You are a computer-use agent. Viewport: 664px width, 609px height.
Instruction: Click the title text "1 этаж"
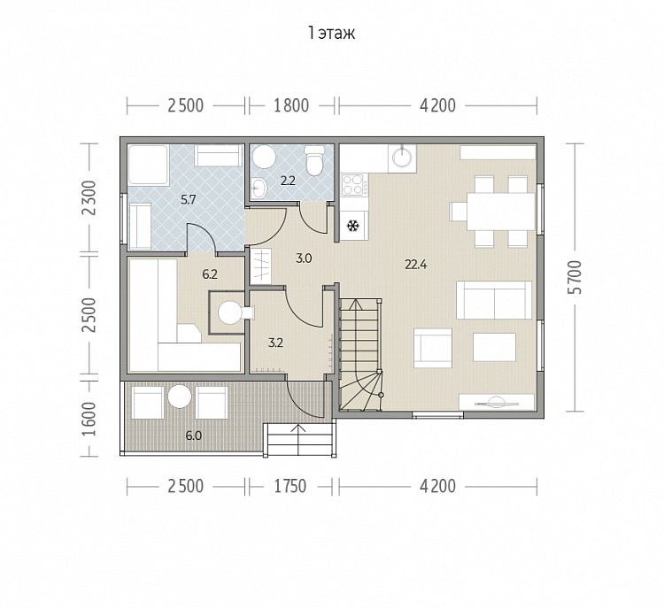(x=332, y=33)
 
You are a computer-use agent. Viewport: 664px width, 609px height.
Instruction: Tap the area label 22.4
(x=416, y=266)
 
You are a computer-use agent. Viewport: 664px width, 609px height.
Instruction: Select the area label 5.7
(x=188, y=200)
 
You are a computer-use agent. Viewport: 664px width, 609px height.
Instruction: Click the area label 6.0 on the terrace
(x=194, y=436)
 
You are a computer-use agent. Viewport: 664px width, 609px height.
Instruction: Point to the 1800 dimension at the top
(x=291, y=105)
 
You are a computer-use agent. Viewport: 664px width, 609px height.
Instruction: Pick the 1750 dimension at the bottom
(x=290, y=486)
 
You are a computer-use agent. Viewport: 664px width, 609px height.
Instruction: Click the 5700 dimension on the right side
(x=575, y=277)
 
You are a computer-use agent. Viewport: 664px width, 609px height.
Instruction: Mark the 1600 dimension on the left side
(x=89, y=419)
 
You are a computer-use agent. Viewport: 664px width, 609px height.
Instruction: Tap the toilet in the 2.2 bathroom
(x=313, y=161)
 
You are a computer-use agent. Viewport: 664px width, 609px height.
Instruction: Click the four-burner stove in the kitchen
(x=355, y=184)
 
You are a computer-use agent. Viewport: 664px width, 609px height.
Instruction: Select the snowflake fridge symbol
(x=351, y=226)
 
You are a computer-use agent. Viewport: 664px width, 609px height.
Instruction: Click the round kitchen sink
(x=402, y=158)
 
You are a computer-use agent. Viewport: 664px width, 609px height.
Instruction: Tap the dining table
(x=500, y=212)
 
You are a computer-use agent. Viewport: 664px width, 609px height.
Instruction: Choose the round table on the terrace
(x=180, y=397)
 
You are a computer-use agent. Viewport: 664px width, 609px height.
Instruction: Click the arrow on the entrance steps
(x=298, y=439)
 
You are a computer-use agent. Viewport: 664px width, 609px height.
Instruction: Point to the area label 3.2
(x=275, y=343)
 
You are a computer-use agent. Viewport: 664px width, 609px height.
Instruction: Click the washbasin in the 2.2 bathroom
(x=259, y=187)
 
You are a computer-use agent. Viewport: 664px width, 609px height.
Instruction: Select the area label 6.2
(x=210, y=274)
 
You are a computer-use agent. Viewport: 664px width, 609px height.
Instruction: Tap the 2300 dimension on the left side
(x=89, y=198)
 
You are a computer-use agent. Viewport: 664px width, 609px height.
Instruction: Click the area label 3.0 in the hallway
(x=304, y=258)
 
